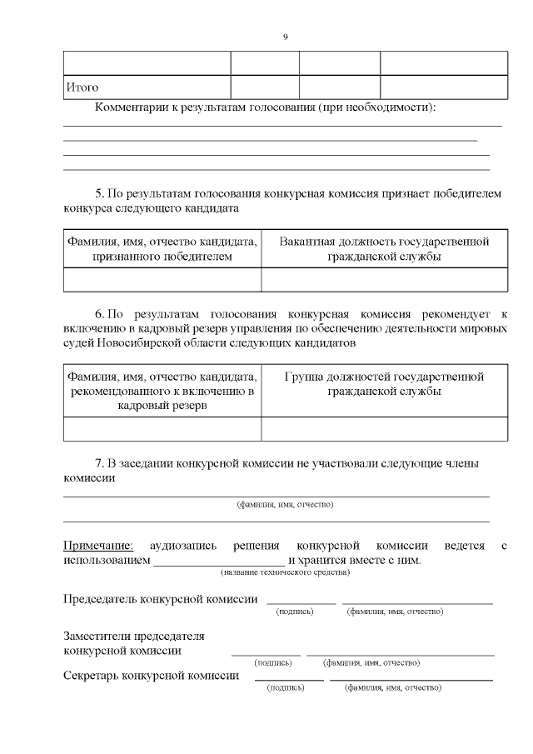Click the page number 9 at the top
tap(285, 36)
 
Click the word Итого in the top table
tap(82, 87)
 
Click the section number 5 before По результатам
tap(98, 193)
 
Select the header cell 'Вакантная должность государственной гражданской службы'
tap(384, 249)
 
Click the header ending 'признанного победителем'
tap(162, 249)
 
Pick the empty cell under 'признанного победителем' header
tap(162, 280)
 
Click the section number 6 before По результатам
tap(98, 314)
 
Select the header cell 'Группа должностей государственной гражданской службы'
tap(384, 384)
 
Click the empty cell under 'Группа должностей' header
tap(384, 428)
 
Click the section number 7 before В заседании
tap(98, 463)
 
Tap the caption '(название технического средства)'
tap(285, 572)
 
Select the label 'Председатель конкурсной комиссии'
tap(161, 600)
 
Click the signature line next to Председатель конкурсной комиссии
tap(301, 601)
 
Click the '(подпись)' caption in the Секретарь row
tap(283, 688)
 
